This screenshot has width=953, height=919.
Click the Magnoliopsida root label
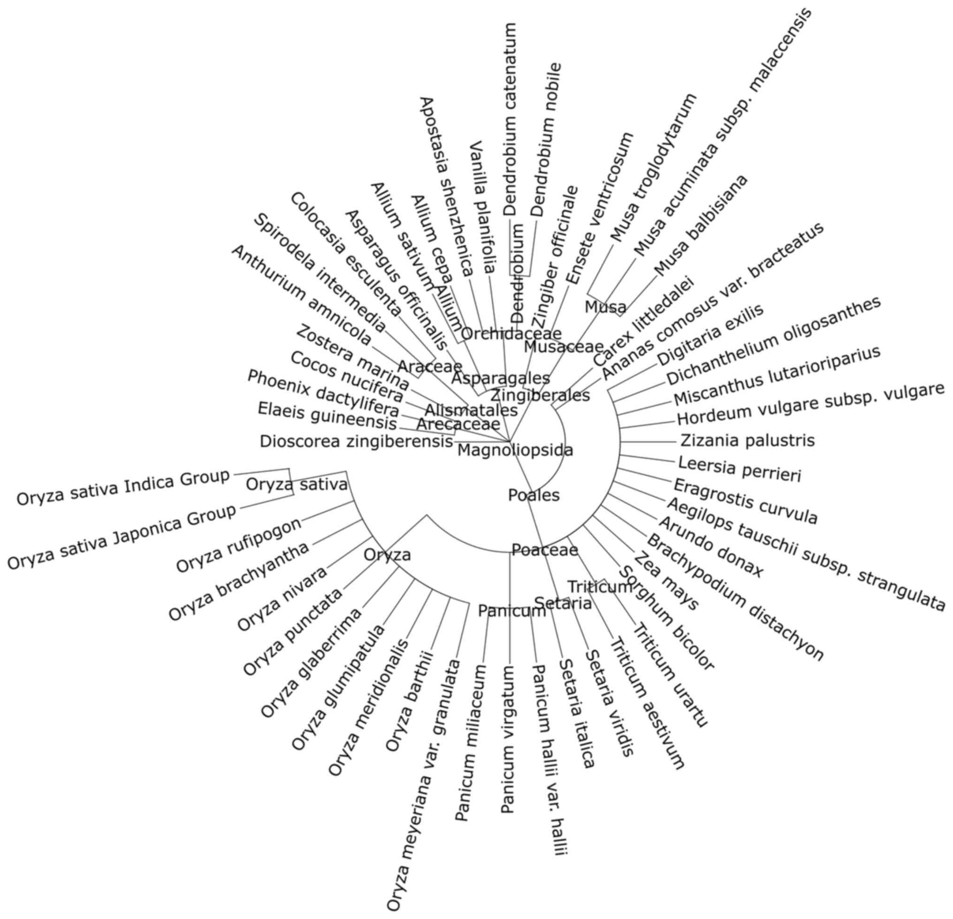[515, 451]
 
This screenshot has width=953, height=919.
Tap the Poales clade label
[534, 495]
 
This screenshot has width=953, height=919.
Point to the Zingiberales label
[540, 395]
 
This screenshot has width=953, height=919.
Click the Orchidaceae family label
[511, 334]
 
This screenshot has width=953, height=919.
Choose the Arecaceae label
[458, 424]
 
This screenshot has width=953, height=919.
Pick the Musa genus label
[605, 307]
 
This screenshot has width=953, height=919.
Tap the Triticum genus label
[600, 587]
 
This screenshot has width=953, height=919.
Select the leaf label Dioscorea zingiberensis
[356, 442]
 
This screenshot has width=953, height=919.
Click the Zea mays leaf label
[666, 581]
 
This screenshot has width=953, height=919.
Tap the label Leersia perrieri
[739, 469]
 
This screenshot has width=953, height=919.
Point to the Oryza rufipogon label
[238, 546]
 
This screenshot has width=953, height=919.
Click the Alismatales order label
[471, 410]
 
